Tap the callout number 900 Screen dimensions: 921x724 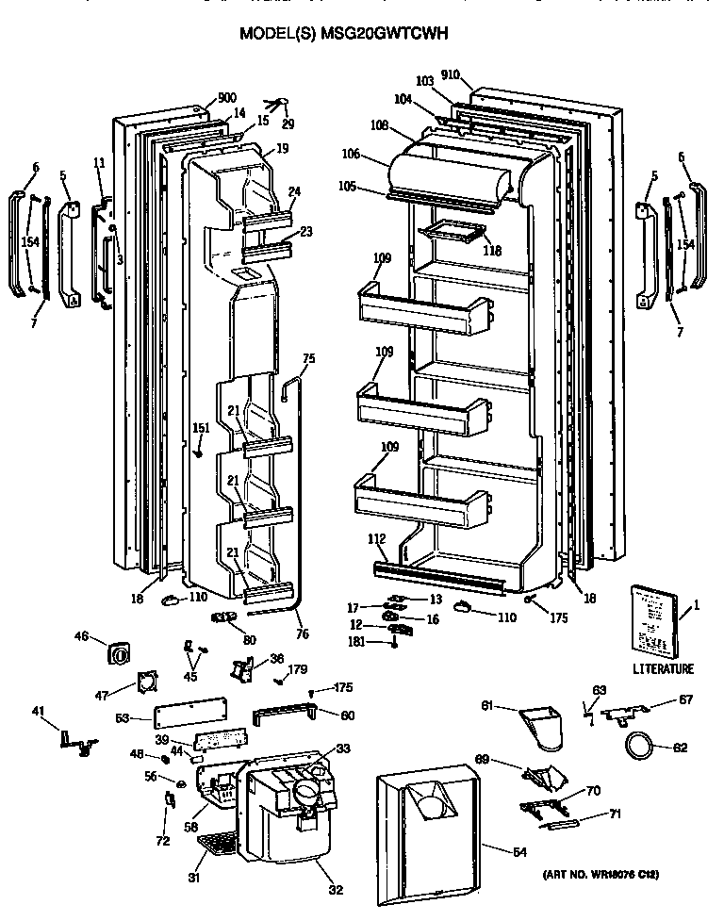226,98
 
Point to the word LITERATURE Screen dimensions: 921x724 664,669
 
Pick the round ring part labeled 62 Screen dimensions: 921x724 640,747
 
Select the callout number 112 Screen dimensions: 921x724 376,540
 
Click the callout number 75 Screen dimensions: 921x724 309,358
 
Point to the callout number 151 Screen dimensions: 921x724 200,428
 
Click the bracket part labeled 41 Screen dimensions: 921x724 74,741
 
